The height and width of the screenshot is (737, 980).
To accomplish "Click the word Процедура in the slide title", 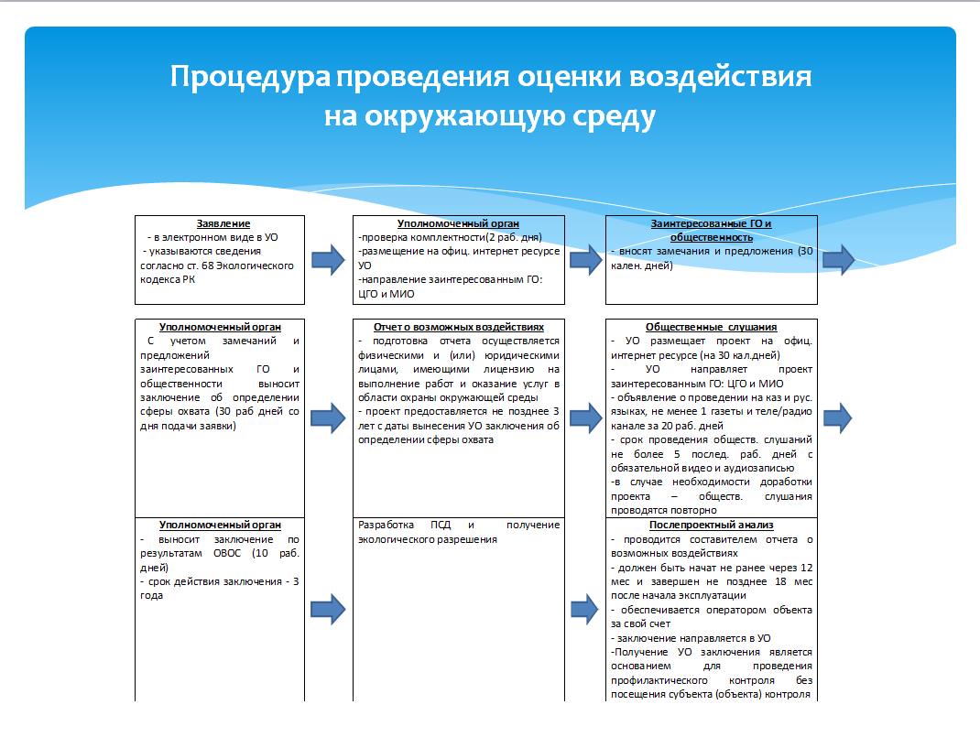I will [x=248, y=76].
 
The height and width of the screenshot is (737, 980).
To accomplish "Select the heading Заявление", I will [x=223, y=223].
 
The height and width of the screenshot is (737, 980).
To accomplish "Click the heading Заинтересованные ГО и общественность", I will [x=711, y=230].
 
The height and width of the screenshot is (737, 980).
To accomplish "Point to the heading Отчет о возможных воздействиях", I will [x=459, y=327].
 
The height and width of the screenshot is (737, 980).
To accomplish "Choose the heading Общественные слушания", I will [x=712, y=327].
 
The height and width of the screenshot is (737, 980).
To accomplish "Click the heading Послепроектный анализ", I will [x=712, y=525].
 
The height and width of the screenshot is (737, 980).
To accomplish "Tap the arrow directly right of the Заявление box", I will [x=328, y=261].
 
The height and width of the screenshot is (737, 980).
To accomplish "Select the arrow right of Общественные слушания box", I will [x=837, y=417].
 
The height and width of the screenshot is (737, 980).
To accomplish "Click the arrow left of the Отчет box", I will [x=328, y=417].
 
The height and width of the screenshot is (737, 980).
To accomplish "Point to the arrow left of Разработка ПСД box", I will [x=328, y=607].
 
